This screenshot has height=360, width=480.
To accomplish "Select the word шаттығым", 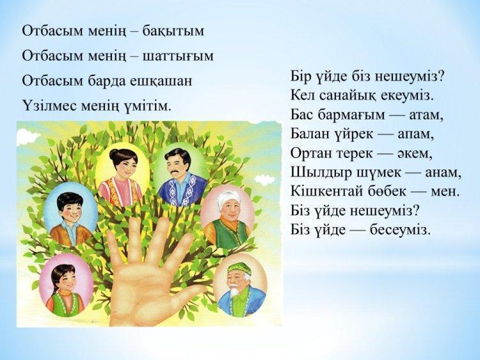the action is point(178,57).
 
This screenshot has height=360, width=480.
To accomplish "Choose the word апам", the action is point(416,134).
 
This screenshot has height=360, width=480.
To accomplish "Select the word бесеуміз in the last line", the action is point(401,230).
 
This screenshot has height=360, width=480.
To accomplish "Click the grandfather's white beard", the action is point(235,290).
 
